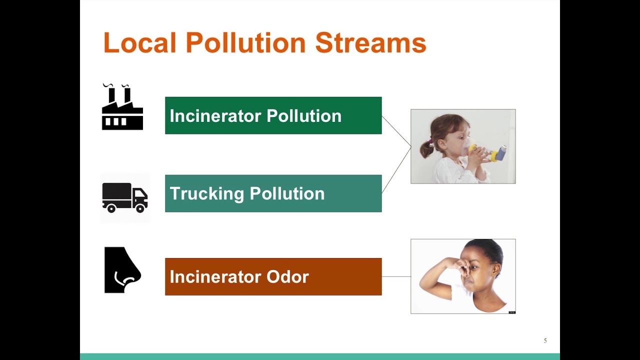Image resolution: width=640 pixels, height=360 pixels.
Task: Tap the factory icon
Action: [x=122, y=108]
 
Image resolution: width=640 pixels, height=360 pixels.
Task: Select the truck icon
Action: [x=124, y=197]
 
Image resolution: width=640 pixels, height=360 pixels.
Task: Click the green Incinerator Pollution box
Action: [x=273, y=115]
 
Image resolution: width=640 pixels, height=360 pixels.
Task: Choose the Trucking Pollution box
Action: [x=273, y=193]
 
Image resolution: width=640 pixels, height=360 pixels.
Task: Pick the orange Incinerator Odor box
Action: [x=273, y=276]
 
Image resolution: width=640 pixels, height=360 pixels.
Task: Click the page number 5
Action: [x=545, y=340]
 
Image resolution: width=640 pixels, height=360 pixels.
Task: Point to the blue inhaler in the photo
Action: [x=500, y=152]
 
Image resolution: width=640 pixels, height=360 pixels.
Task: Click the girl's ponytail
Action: [x=426, y=148]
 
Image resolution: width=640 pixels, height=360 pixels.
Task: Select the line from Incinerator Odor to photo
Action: [x=396, y=276]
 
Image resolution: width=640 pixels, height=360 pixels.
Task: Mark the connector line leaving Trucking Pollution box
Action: [x=396, y=170]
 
